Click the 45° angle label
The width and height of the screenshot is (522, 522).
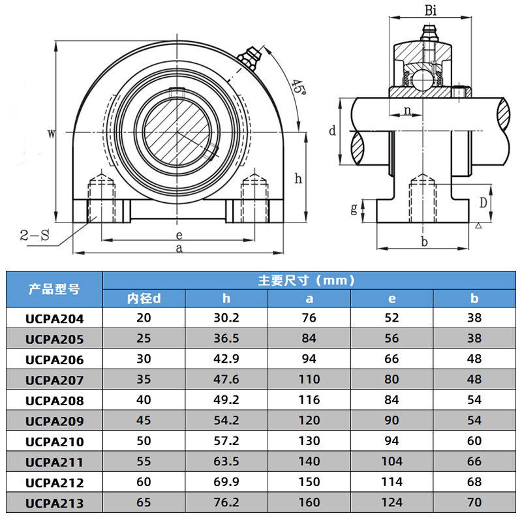click(x=299, y=87)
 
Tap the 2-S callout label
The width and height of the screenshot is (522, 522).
click(x=35, y=236)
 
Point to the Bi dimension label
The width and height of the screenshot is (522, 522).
click(x=431, y=10)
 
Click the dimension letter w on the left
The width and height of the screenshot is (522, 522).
click(x=52, y=134)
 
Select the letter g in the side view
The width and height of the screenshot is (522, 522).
click(x=354, y=208)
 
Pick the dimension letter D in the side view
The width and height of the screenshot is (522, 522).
click(x=483, y=202)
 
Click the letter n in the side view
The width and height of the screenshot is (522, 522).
click(x=407, y=110)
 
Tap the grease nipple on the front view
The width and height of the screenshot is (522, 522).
click(x=251, y=58)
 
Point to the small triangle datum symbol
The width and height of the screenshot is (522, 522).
click(x=478, y=226)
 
